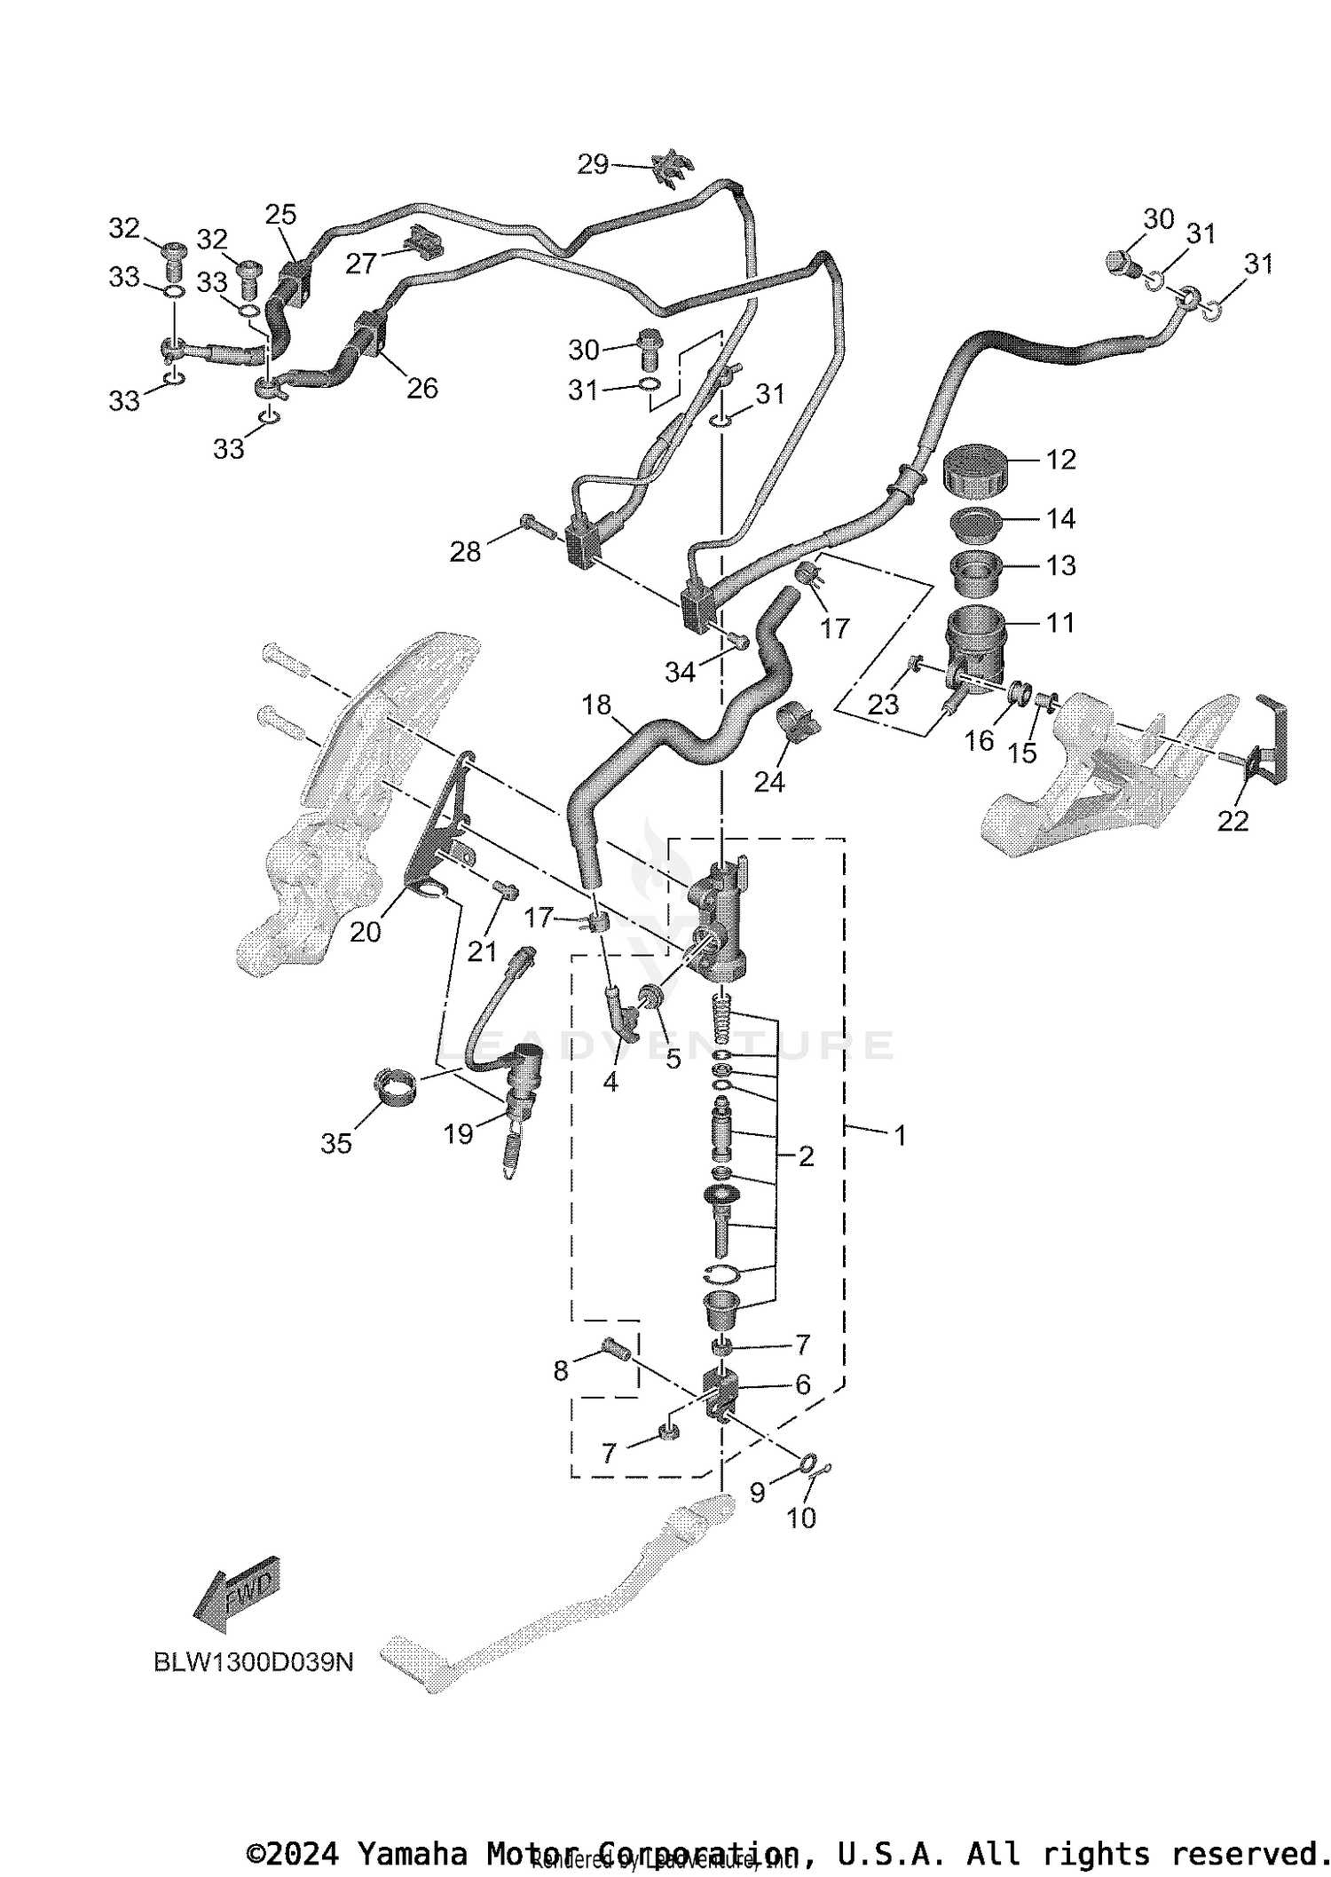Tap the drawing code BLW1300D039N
click(x=254, y=1662)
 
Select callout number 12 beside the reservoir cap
click(x=1060, y=460)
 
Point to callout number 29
click(x=593, y=164)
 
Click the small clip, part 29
click(x=673, y=167)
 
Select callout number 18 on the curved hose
click(x=596, y=705)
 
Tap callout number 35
click(x=336, y=1144)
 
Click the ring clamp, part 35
click(x=395, y=1085)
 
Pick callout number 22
click(x=1233, y=821)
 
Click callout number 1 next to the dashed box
click(x=900, y=1135)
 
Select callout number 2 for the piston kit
click(x=806, y=1155)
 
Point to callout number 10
click(x=801, y=1518)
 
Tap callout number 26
click(x=422, y=388)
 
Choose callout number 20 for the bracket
click(x=366, y=932)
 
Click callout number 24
click(x=768, y=782)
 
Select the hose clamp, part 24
click(x=799, y=721)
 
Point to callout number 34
click(x=680, y=673)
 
